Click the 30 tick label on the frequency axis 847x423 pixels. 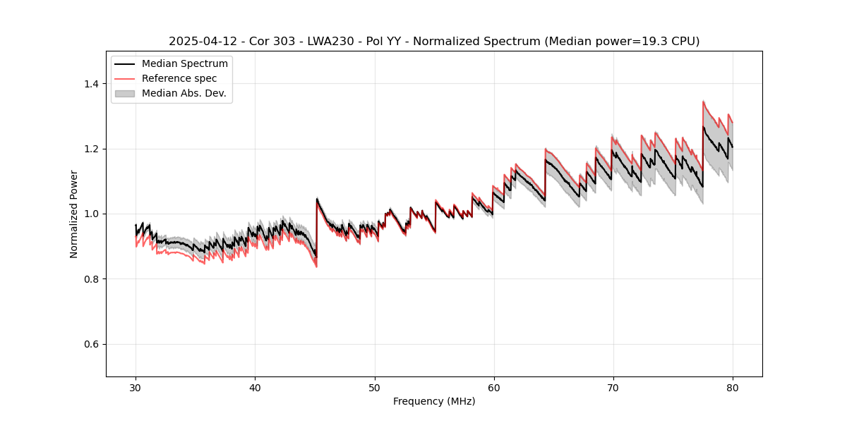[136, 388]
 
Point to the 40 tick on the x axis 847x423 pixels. [255, 388]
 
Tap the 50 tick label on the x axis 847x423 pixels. [374, 388]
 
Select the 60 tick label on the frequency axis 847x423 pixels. [493, 388]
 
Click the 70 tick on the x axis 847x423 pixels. [613, 388]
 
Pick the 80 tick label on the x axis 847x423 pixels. [732, 388]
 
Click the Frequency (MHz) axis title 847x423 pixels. [434, 401]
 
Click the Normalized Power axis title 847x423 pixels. [74, 214]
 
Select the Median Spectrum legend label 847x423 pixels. [185, 64]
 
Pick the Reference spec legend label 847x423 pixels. [179, 78]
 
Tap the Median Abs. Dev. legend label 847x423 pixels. [184, 93]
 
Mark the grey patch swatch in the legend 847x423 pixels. [125, 93]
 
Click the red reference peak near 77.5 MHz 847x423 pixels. [704, 102]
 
